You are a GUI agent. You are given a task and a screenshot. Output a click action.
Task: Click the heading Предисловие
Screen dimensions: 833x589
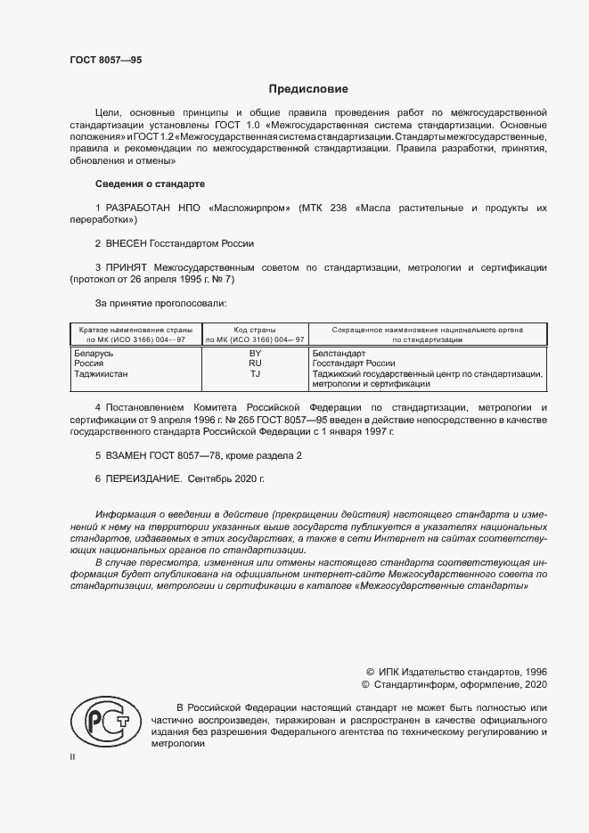coord(308,89)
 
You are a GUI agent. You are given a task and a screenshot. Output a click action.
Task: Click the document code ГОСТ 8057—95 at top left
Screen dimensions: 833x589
coord(105,60)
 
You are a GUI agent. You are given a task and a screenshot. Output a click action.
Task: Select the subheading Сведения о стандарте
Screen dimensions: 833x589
coord(150,184)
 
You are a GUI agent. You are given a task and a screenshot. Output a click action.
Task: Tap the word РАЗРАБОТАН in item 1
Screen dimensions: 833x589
coord(141,208)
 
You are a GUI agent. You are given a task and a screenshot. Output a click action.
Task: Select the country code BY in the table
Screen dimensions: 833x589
coord(255,354)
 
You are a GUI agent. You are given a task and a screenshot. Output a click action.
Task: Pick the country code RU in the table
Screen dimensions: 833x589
coord(255,363)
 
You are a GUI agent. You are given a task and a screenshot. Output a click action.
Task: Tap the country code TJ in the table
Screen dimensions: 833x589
coord(255,374)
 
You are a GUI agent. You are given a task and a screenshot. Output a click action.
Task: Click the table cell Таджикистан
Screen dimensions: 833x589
coord(100,374)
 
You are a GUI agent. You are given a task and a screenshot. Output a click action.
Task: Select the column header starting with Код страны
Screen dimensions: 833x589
coord(255,334)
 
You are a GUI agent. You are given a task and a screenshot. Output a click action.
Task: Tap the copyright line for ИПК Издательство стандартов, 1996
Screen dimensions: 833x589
coord(456,670)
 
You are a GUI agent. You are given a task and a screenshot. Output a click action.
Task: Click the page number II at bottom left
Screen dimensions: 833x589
coord(72,756)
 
